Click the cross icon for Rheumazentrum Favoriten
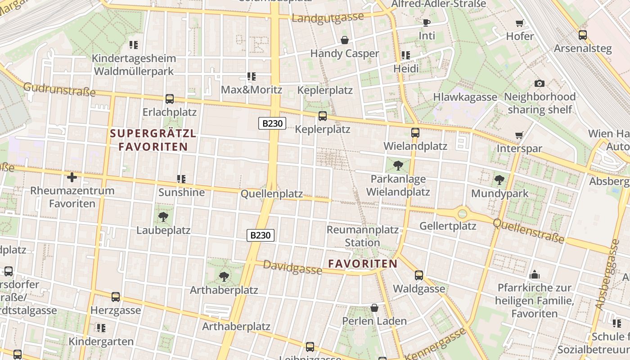(x=72, y=177)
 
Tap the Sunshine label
(x=181, y=193)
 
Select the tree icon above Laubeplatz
(x=163, y=217)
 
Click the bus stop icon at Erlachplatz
(x=170, y=99)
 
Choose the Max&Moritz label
(x=251, y=90)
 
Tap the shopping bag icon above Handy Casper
(x=345, y=40)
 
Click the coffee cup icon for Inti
(x=427, y=22)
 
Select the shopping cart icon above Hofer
(x=520, y=23)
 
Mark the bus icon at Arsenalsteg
(x=583, y=35)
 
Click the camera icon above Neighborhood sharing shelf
(x=540, y=83)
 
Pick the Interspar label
(x=519, y=148)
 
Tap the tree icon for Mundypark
(x=499, y=180)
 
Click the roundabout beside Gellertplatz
(x=463, y=213)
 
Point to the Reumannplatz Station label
(x=362, y=236)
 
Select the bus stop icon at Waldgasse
(x=419, y=275)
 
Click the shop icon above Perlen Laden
(x=374, y=308)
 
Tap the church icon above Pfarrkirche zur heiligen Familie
(x=535, y=274)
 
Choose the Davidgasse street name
(x=292, y=267)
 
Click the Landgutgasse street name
(x=328, y=18)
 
